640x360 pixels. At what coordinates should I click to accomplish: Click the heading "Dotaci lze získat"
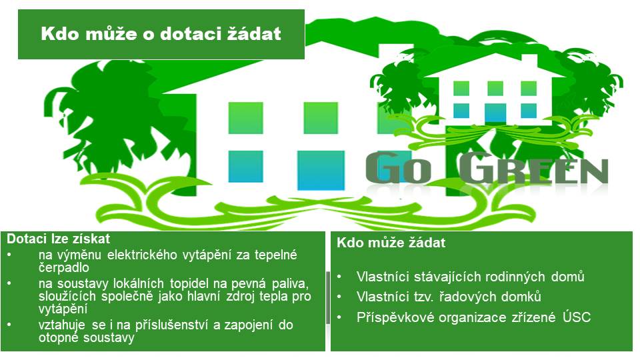pyautogui.click(x=59, y=239)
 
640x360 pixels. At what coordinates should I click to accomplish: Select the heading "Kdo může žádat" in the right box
pyautogui.click(x=391, y=243)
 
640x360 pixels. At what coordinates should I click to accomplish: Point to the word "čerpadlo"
pyautogui.click(x=64, y=267)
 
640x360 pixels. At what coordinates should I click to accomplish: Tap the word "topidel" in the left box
pyautogui.click(x=189, y=284)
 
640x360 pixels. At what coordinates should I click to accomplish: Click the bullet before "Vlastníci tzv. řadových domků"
pyautogui.click(x=339, y=297)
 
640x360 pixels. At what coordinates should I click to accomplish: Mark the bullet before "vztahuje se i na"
pyautogui.click(x=9, y=325)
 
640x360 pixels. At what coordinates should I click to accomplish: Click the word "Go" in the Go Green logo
pyautogui.click(x=399, y=167)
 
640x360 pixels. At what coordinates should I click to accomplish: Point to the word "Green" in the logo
pyautogui.click(x=533, y=167)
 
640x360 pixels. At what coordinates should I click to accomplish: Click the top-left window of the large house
pyautogui.click(x=245, y=118)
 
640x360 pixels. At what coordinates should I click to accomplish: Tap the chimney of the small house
pyautogui.click(x=529, y=61)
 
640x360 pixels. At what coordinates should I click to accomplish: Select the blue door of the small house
pyautogui.click(x=495, y=113)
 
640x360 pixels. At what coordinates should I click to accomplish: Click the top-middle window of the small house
pyautogui.click(x=495, y=88)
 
